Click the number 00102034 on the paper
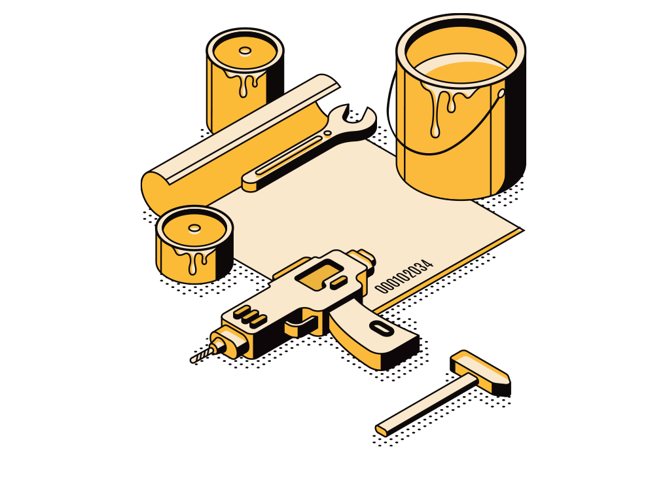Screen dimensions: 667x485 click(x=404, y=276)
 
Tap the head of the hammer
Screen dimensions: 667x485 click(x=480, y=372)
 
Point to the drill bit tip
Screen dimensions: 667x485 click(x=192, y=361)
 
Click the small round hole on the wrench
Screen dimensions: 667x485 click(x=327, y=133)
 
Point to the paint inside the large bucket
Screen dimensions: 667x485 click(x=461, y=68)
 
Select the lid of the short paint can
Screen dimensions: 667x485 click(x=194, y=229)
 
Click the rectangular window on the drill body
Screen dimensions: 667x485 click(x=319, y=274)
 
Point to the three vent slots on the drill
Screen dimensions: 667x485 click(x=250, y=317)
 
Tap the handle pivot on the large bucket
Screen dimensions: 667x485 click(x=501, y=93)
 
